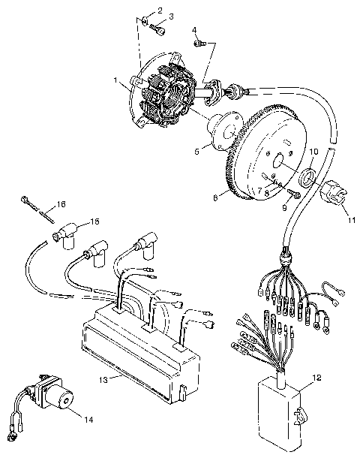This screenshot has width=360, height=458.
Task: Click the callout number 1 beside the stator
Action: click(116, 80)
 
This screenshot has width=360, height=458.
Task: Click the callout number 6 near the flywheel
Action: click(214, 197)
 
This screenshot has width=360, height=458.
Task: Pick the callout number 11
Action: click(350, 221)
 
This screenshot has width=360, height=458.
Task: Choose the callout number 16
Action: click(61, 203)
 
